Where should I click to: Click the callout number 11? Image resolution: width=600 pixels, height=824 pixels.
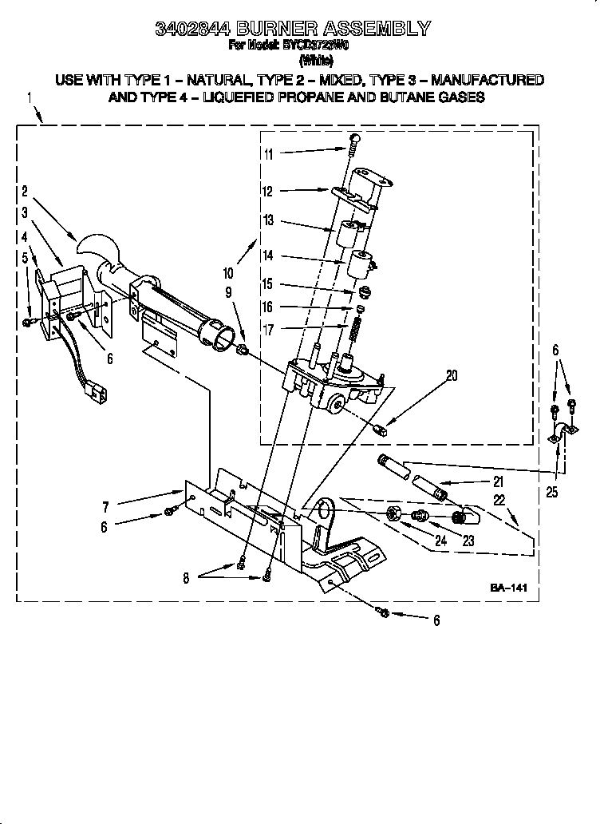coord(269,154)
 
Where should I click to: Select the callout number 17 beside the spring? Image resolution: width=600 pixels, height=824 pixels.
coord(269,329)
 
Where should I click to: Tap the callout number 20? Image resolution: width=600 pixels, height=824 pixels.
coord(452,374)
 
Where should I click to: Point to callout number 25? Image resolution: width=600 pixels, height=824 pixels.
coord(551,492)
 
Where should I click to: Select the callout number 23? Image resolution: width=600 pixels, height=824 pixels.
coord(468,541)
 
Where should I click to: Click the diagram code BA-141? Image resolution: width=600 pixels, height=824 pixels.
coord(509,588)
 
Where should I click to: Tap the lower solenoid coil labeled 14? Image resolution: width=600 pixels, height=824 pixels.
coord(361,263)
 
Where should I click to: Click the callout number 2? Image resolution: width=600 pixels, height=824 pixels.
coord(25,191)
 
